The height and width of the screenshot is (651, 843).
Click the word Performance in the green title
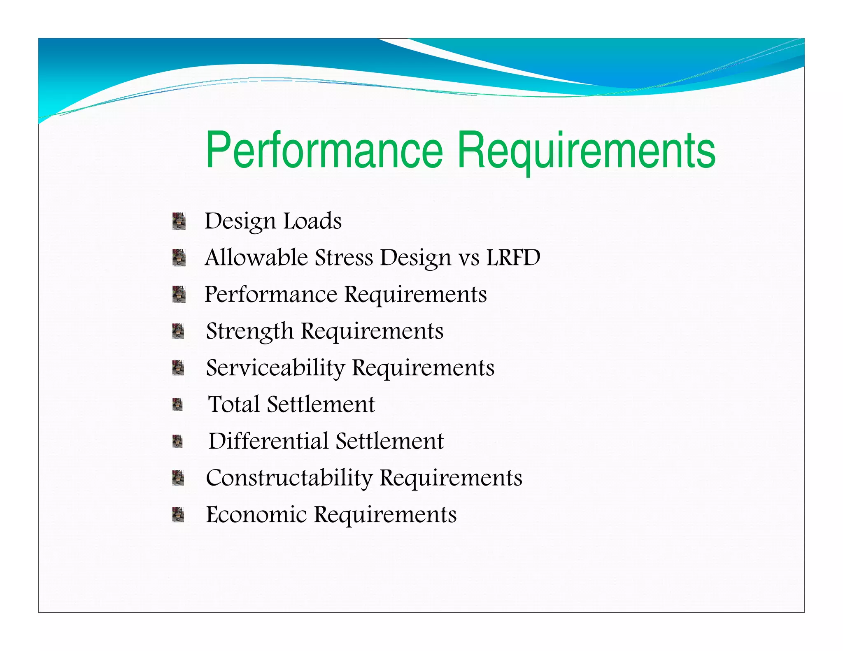(324, 150)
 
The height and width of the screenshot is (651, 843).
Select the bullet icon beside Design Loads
(179, 221)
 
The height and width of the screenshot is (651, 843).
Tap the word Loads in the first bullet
(312, 221)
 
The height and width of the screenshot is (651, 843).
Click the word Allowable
(256, 258)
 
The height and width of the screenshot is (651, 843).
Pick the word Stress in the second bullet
(344, 258)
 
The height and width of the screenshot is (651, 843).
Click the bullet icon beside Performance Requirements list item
(179, 294)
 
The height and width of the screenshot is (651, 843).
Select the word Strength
(249, 331)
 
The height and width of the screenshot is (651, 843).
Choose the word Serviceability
(275, 368)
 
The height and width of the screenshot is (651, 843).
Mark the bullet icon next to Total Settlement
(177, 405)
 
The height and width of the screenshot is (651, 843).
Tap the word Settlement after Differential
(389, 441)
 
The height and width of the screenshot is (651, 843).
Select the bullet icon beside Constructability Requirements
(178, 478)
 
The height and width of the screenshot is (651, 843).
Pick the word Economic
(256, 515)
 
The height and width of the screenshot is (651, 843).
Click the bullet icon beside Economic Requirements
(178, 514)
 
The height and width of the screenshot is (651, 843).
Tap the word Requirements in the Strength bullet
(372, 331)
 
